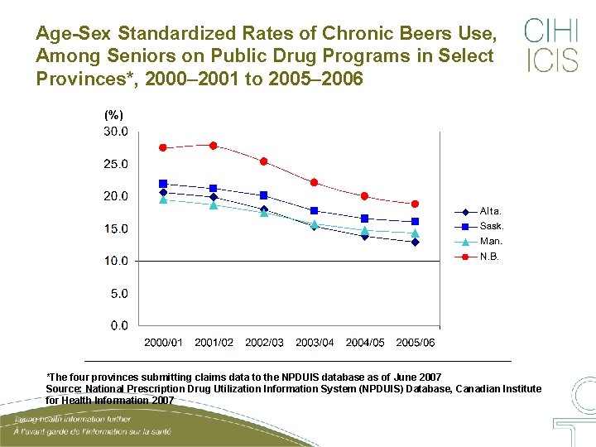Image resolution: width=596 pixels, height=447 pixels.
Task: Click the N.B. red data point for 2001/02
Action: coord(213,146)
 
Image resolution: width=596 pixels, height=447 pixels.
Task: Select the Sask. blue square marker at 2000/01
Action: coord(163,184)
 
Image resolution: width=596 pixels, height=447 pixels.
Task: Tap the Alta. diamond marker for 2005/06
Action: coord(415,243)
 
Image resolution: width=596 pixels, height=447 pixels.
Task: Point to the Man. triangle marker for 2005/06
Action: coord(415,233)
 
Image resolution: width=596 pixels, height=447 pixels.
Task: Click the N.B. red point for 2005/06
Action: coord(415,204)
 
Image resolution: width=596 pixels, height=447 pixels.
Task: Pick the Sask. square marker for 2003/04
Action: coord(314,210)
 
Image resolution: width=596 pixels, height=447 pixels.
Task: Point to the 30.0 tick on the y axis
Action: coord(115,131)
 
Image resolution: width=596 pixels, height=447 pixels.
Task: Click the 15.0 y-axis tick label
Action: coord(115,228)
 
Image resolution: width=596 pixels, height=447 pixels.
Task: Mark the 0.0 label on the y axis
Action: coord(118,325)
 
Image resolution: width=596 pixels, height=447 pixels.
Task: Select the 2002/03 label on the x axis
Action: coord(264,343)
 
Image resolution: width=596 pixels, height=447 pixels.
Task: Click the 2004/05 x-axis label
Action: coord(364,343)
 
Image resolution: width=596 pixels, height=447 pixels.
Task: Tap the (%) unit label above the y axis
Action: coord(113,115)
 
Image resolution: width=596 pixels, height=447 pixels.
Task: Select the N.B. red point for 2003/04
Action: coord(314,182)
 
